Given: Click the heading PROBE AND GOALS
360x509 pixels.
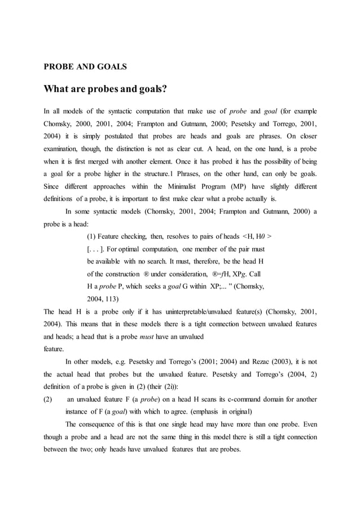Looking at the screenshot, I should [85, 67].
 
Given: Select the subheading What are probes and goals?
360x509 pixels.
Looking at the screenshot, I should [106, 89].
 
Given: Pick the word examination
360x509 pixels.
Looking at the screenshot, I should [65, 150].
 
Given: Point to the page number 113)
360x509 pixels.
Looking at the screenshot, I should [111, 299].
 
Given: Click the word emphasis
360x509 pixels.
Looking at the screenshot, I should [197, 411].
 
